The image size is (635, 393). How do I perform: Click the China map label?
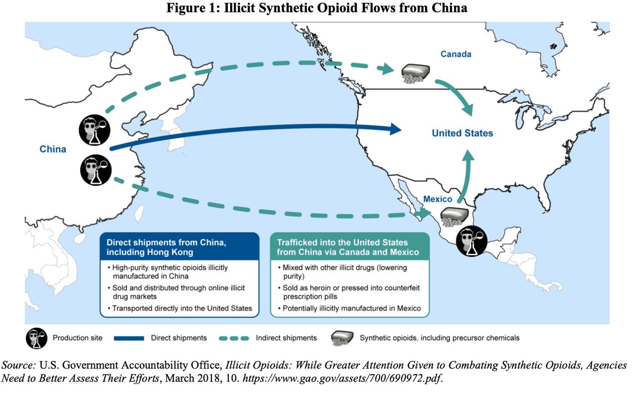53,149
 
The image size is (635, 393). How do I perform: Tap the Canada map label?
455,54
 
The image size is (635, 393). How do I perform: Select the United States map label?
462,133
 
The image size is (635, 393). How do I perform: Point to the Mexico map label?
438,199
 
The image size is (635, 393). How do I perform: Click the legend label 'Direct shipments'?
179,338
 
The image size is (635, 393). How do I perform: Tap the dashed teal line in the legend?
233,338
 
